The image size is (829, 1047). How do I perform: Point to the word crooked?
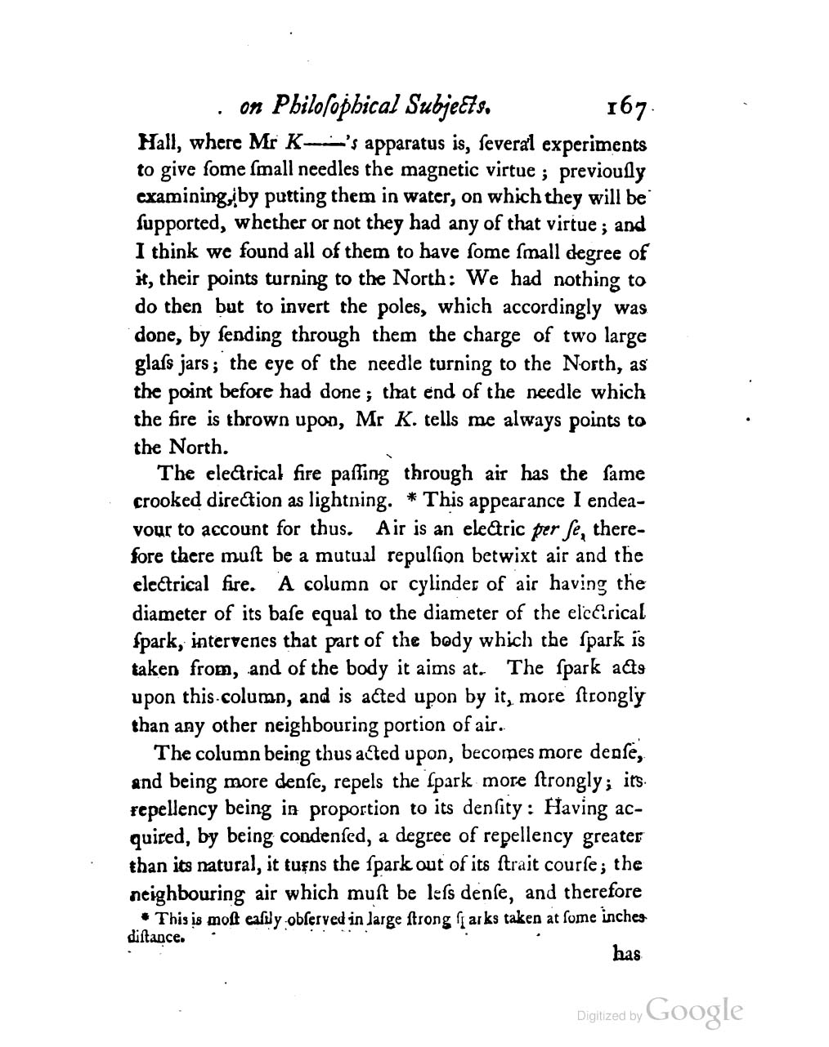click(x=168, y=500)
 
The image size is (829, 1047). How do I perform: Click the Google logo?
click(x=695, y=1010)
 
